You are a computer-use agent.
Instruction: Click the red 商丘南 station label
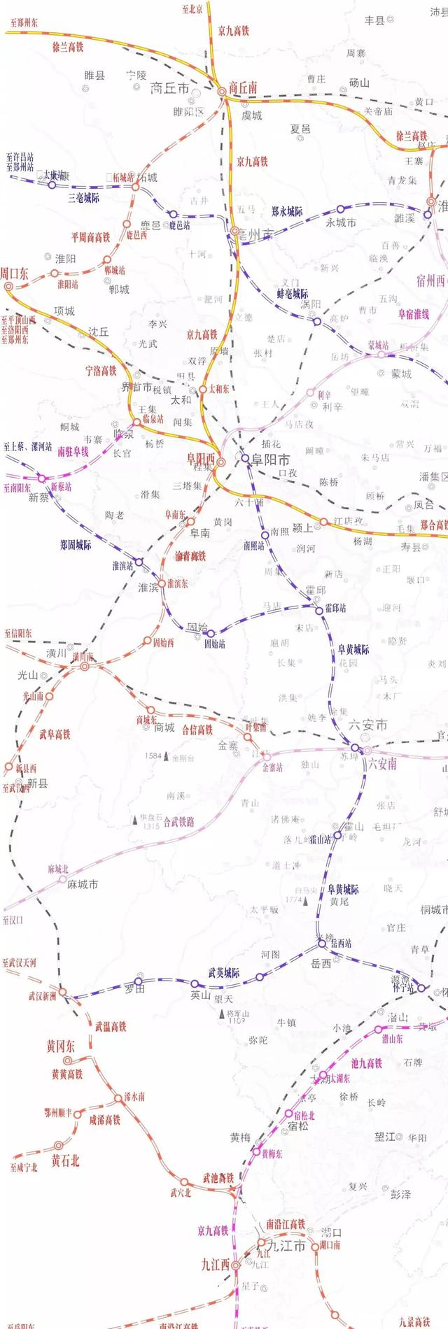(243, 87)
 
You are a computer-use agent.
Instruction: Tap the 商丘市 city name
(170, 88)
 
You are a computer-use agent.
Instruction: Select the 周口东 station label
(14, 273)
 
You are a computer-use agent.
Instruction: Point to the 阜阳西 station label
(200, 459)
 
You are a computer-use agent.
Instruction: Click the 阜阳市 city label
(270, 460)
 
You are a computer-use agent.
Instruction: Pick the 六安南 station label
(382, 763)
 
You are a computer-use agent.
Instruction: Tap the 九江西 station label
(215, 1265)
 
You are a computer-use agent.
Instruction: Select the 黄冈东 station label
(61, 1046)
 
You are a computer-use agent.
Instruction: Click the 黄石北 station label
(65, 1161)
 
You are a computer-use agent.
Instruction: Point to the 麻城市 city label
(82, 884)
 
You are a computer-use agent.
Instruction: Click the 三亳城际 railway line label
(83, 198)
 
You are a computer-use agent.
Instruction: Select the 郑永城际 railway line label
(287, 211)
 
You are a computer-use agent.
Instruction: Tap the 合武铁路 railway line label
(178, 822)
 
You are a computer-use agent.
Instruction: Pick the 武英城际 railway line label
(224, 973)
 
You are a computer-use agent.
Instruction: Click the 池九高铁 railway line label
(366, 1063)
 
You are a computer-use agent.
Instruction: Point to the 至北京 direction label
(192, 9)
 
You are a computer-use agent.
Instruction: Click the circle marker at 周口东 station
(8, 286)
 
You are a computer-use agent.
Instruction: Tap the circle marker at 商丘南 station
(221, 90)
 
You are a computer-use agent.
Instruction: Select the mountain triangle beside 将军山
(221, 1012)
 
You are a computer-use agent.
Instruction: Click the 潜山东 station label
(392, 1039)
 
